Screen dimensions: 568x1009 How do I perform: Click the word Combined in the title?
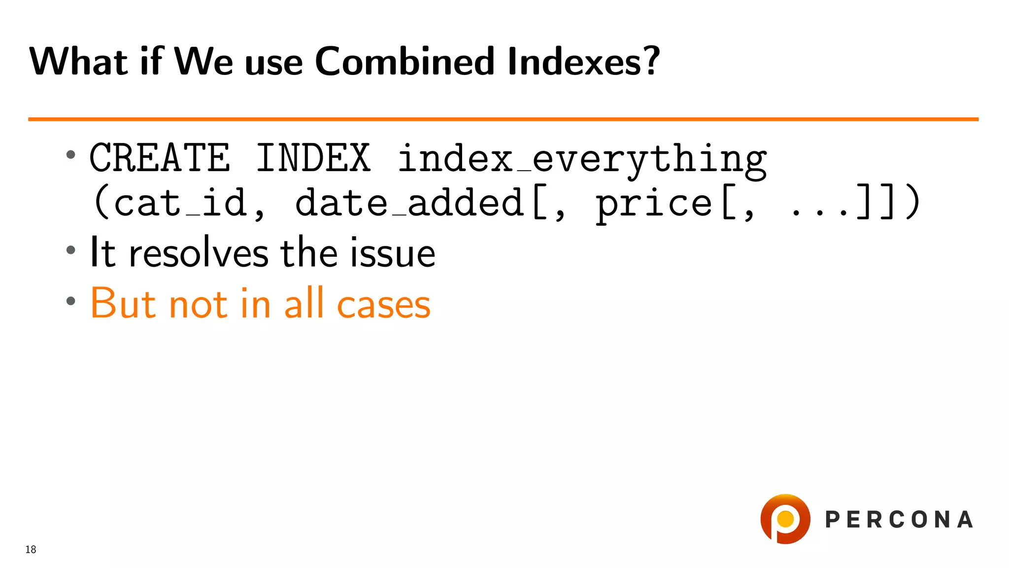[404, 62]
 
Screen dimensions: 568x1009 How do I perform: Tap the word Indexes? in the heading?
[583, 62]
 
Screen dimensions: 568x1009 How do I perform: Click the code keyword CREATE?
[160, 158]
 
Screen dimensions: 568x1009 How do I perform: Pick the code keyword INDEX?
[313, 158]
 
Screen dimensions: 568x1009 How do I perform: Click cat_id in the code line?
[170, 203]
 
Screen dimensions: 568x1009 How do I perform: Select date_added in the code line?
[409, 203]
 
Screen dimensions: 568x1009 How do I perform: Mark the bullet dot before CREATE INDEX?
[71, 155]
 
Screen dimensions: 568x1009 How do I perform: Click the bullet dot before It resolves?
[71, 250]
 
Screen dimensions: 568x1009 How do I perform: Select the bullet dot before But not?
[71, 301]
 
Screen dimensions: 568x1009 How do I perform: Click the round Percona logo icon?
[785, 519]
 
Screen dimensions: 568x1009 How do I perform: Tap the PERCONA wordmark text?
[899, 520]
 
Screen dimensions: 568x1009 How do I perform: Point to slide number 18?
[31, 550]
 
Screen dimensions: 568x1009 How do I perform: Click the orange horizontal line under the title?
[503, 119]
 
